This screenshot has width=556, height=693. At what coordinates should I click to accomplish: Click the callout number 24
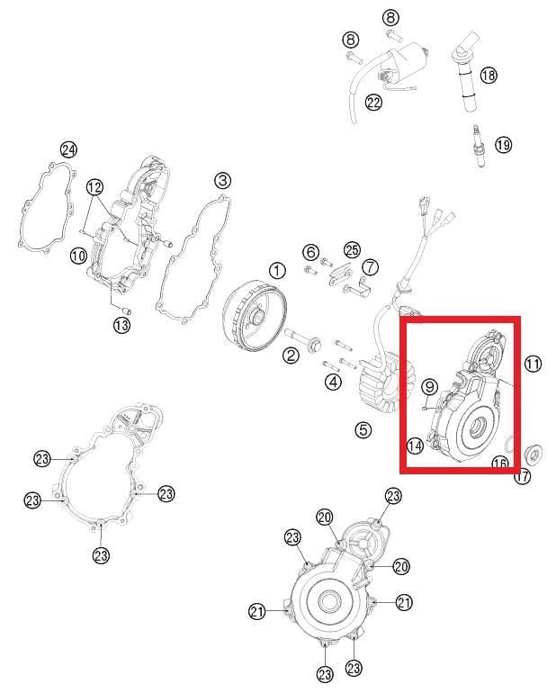coord(68,149)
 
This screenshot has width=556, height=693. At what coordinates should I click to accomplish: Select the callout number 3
coord(223,180)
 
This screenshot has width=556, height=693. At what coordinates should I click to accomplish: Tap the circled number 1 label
coord(277,270)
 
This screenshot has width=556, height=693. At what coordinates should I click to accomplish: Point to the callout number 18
coord(489,75)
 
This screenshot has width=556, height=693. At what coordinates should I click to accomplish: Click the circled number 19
coord(503,145)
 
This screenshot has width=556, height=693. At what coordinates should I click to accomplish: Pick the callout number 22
coord(373,103)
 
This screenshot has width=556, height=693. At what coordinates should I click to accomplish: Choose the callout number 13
coord(122,325)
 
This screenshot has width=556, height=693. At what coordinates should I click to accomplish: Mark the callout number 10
coord(78,256)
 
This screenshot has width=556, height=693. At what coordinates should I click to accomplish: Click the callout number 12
coord(94,187)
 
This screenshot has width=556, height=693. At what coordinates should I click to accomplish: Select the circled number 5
coord(363,429)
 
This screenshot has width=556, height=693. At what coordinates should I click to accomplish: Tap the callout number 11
coord(533,364)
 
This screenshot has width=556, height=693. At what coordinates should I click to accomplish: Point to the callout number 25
coord(353,250)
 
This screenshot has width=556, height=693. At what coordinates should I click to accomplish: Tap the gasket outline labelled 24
coord(46,208)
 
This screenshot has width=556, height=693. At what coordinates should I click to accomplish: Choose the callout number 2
coord(291,355)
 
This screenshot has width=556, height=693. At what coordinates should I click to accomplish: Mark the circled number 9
coord(429,387)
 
